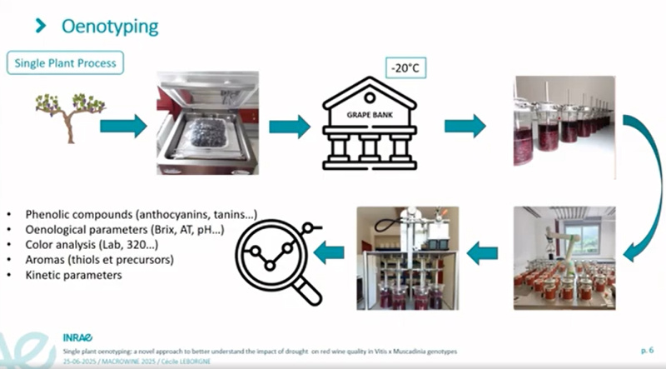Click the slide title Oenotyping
(x=110, y=26)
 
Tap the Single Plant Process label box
(x=66, y=63)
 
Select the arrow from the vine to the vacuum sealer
(x=123, y=126)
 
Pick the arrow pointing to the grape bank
(x=289, y=127)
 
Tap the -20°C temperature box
(x=405, y=67)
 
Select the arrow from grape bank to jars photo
(x=465, y=126)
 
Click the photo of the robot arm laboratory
(x=564, y=258)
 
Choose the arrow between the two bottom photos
(x=482, y=253)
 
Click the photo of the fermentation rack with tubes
(x=404, y=258)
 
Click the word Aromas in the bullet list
(x=45, y=259)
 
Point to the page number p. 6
(x=646, y=353)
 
